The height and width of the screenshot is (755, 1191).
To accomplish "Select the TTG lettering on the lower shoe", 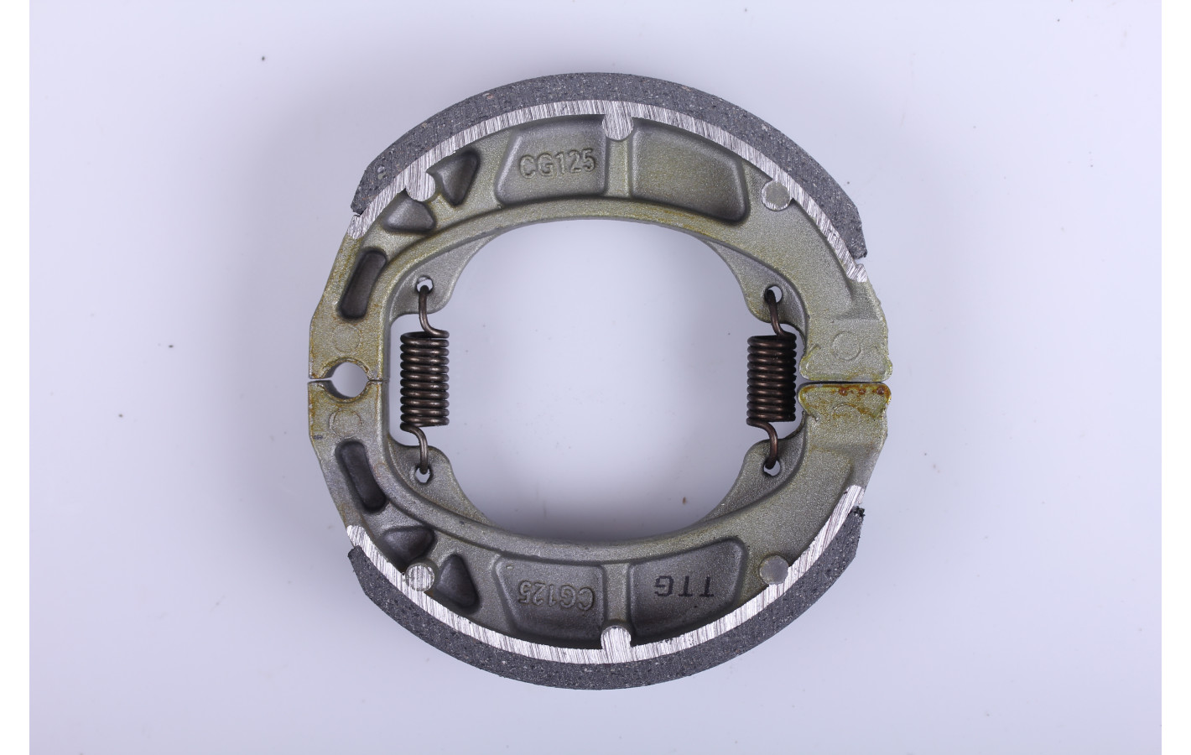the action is [x=683, y=586].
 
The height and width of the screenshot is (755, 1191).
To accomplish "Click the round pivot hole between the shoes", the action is [x=345, y=380].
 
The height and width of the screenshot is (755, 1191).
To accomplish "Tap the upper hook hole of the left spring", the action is [x=424, y=284].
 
